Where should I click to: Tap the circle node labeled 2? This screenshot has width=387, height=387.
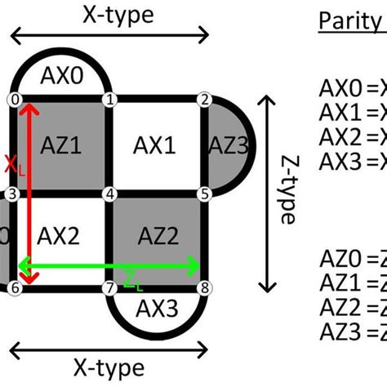coord(204,100)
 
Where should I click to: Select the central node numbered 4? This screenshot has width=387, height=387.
coord(109,194)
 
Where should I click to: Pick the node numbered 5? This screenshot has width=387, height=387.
coord(204,194)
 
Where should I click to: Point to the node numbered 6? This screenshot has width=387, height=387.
coord(14,289)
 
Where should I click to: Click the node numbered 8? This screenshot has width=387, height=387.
coord(204,289)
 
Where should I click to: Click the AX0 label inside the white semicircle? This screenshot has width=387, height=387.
coord(61,78)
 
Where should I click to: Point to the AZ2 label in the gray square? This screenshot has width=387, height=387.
coord(157,239)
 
